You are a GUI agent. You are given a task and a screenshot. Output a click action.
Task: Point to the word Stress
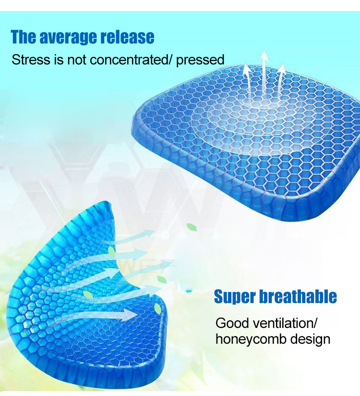tap(31, 59)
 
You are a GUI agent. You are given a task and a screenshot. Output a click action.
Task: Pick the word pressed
tap(200, 60)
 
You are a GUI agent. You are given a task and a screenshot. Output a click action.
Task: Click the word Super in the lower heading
tap(235, 297)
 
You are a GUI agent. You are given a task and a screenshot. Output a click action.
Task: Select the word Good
tap(232, 323)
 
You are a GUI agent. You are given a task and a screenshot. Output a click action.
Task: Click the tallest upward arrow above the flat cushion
tap(264, 76)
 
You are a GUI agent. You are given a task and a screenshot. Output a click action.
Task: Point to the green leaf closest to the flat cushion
tap(192, 227)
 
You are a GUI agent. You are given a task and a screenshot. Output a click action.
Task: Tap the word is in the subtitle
tap(59, 59)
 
